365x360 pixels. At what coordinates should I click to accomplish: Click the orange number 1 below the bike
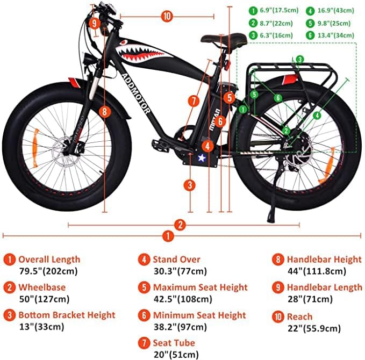(169, 235)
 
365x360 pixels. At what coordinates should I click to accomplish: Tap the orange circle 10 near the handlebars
(167, 16)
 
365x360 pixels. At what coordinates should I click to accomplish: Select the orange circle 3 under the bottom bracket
(190, 185)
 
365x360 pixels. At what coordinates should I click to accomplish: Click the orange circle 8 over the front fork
(104, 112)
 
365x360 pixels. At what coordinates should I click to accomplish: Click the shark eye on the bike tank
(124, 41)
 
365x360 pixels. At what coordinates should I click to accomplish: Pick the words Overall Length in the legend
(49, 260)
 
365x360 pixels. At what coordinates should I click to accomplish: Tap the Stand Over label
(176, 260)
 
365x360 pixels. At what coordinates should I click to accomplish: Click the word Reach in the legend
(299, 316)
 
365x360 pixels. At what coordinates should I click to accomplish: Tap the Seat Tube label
(174, 343)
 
